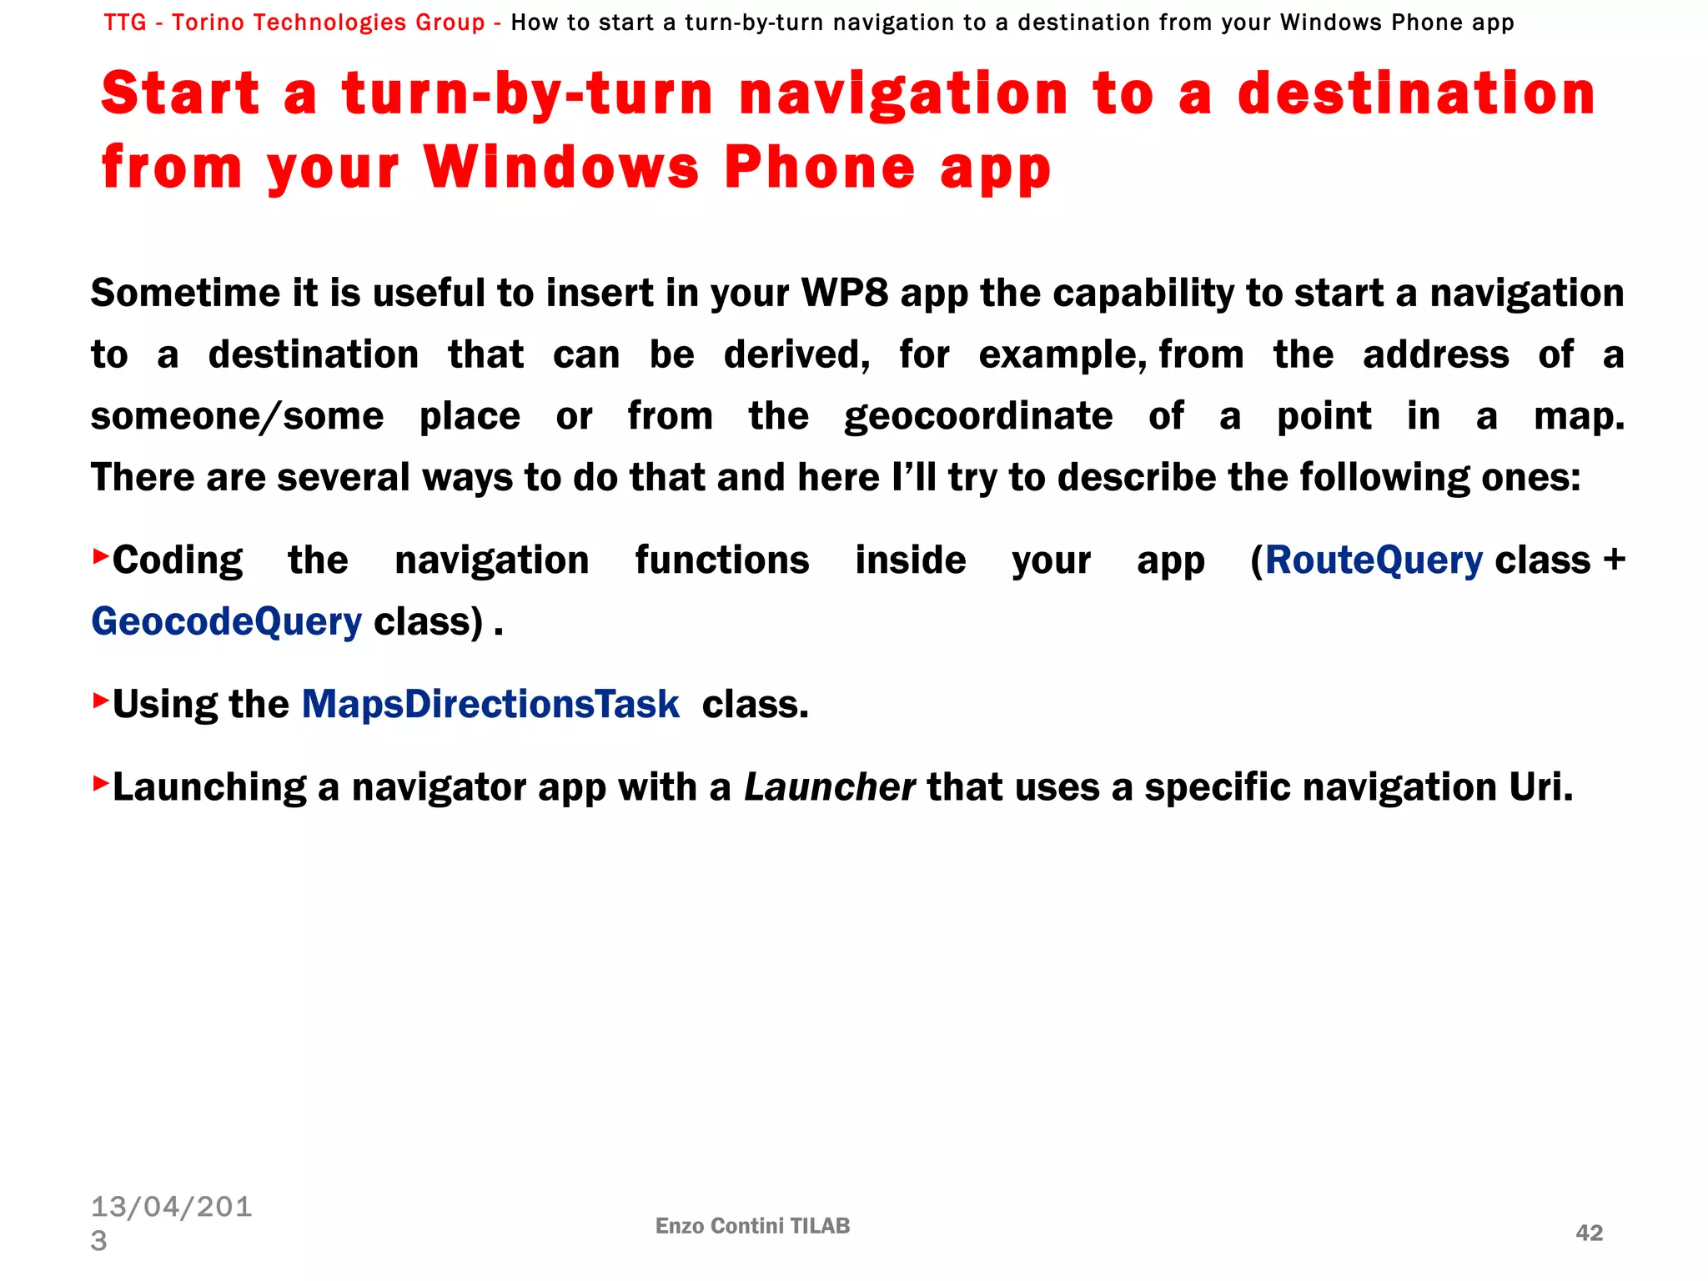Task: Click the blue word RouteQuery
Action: (1374, 560)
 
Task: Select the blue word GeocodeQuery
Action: (226, 622)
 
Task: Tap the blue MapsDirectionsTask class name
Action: (490, 705)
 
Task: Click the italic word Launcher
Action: (829, 787)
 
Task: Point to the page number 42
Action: (1589, 1233)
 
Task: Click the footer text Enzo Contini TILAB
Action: (752, 1226)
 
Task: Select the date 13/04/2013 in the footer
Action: (171, 1223)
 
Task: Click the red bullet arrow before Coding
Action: (100, 555)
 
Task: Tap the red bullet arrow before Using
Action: (100, 700)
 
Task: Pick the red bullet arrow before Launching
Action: (100, 782)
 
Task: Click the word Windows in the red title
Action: (560, 167)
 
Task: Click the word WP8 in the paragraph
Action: (844, 294)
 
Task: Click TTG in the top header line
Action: (125, 23)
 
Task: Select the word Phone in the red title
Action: (819, 167)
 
